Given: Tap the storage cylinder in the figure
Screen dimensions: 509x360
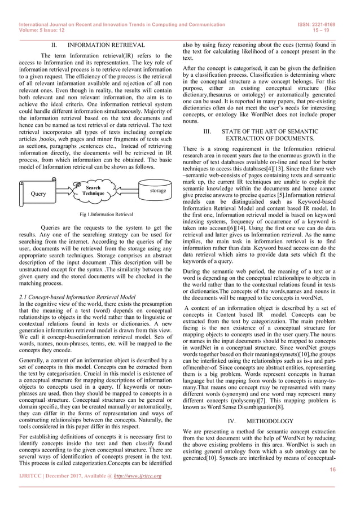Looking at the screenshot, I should [x=157, y=191].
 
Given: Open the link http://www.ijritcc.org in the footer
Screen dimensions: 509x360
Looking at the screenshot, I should [x=138, y=476].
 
